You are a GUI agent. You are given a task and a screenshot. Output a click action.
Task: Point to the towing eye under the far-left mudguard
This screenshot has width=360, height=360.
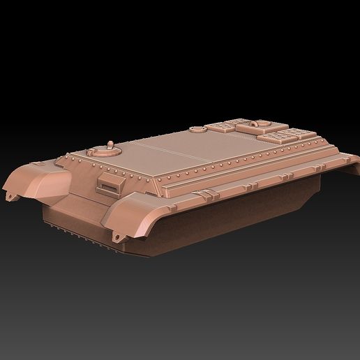coord(9,196)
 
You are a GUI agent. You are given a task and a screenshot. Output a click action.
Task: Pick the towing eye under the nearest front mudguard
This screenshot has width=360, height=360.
coord(116,239)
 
